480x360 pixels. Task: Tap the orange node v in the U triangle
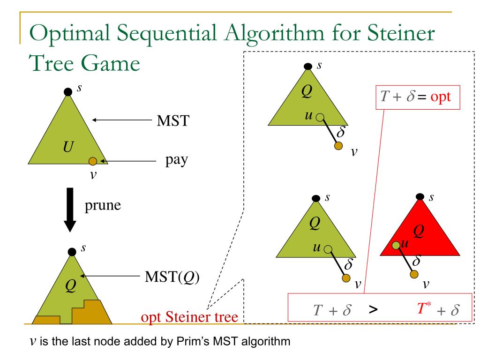92,161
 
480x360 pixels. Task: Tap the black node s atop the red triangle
420,196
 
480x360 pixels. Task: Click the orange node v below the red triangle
413,274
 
